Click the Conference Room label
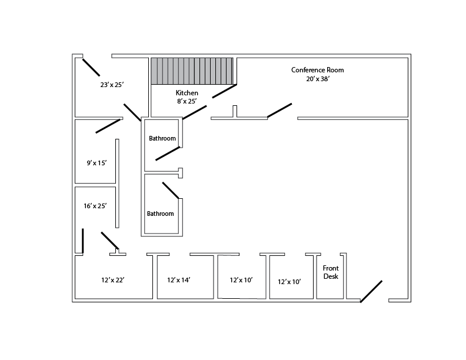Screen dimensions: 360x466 click(317, 70)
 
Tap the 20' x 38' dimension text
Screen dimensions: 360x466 click(317, 79)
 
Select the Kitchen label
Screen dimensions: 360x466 click(187, 93)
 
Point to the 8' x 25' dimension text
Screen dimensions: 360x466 click(187, 101)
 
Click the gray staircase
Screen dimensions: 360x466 click(192, 71)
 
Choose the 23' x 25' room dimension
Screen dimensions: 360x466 click(111, 85)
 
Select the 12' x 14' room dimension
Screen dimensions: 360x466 click(178, 280)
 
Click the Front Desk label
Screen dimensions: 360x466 click(331, 272)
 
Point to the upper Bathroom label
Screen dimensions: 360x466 click(162, 139)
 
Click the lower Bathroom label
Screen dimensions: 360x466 click(160, 214)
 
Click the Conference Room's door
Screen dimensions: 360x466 click(279, 111)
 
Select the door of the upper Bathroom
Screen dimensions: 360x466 click(168, 154)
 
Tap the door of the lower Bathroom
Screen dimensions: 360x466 click(171, 190)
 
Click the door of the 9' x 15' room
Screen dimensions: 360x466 click(108, 125)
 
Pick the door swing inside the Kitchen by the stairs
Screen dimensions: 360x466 click(224, 91)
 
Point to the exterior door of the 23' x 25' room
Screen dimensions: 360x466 click(91, 67)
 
